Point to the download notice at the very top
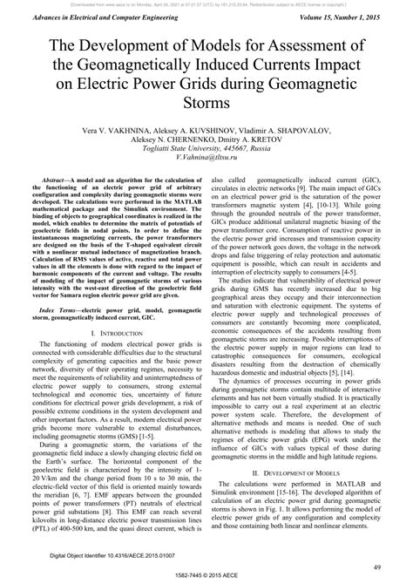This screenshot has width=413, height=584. [206, 4]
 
